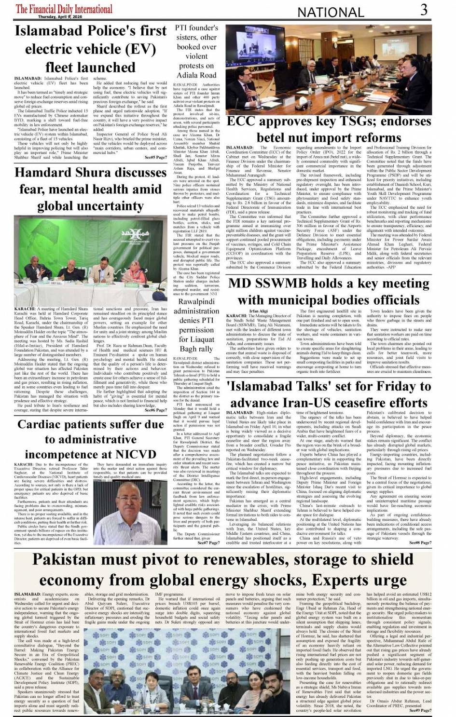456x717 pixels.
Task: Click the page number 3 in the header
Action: pos(423,10)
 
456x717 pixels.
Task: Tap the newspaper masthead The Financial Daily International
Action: pos(64,8)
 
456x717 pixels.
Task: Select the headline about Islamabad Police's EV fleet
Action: pos(91,49)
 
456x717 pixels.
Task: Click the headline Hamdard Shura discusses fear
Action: pos(91,189)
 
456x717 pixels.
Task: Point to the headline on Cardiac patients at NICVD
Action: pos(91,439)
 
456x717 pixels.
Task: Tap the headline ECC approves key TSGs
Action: pos(329,129)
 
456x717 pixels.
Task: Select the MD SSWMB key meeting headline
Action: pos(329,291)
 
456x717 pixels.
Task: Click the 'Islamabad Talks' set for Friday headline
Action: pos(329,394)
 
